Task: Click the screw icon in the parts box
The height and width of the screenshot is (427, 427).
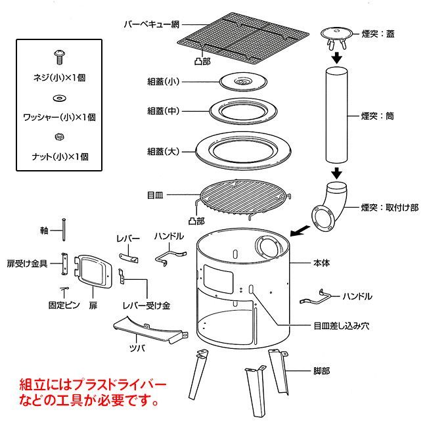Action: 58,57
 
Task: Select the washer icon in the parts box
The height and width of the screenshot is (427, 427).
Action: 58,98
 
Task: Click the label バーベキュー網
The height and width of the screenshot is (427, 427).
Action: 152,25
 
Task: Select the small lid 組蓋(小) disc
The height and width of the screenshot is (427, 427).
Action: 242,81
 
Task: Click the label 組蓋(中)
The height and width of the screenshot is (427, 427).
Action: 164,111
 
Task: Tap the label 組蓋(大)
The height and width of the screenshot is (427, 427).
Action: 164,151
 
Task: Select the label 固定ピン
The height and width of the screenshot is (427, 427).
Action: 64,305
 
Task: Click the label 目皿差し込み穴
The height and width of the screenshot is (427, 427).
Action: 342,325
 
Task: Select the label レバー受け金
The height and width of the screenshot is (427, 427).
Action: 148,305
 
